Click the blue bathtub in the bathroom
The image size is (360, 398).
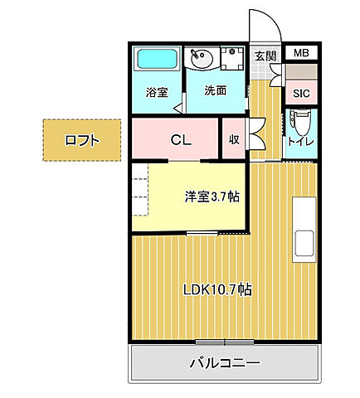(x=157, y=60)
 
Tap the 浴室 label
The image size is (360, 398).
(x=158, y=92)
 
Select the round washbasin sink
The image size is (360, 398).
(x=201, y=58)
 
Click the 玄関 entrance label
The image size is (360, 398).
(x=265, y=56)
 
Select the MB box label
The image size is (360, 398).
(x=300, y=54)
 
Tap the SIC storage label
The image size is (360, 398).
(x=300, y=93)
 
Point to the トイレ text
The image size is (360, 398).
(x=299, y=142)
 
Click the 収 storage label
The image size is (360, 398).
(x=234, y=139)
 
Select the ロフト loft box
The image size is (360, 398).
(x=82, y=140)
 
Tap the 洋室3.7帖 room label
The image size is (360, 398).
(x=212, y=197)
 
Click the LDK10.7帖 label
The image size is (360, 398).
(x=217, y=289)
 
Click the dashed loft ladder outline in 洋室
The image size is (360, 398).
(x=140, y=190)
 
